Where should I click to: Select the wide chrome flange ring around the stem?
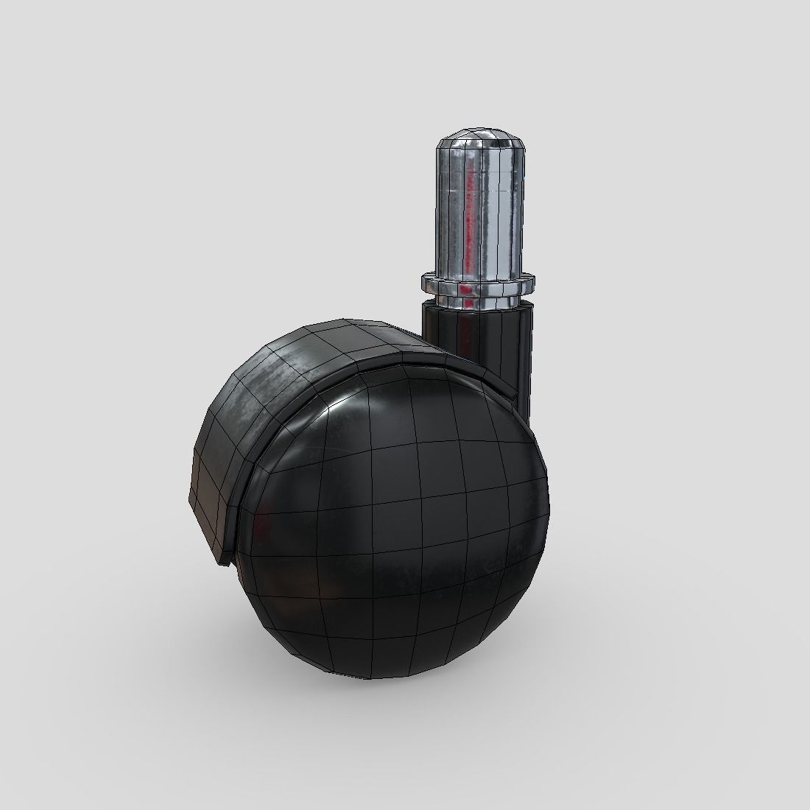click(477, 281)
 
